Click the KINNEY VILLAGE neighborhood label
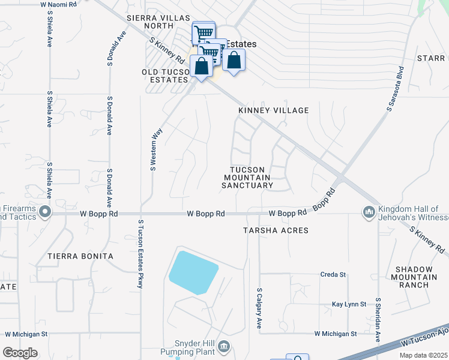[274, 110]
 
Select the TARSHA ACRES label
[276, 230]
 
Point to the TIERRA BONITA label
[80, 256]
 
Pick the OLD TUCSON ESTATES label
[166, 76]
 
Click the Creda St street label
[334, 275]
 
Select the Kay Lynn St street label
[349, 305]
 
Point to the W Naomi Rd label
[59, 4]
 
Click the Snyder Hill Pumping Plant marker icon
[224, 346]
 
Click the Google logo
[20, 353]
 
